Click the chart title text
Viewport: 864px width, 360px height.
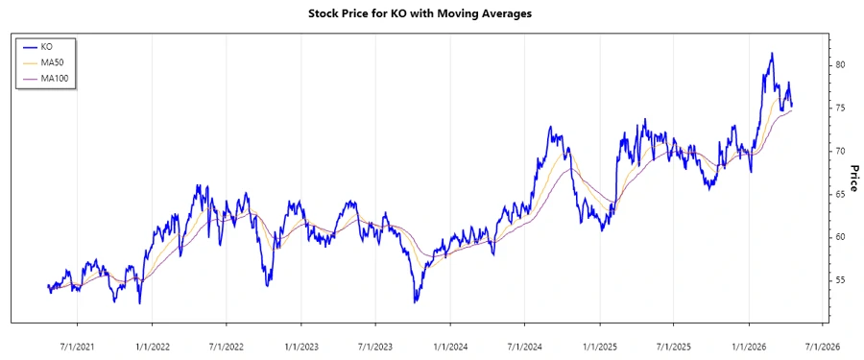tap(431, 13)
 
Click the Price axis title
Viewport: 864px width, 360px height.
tap(852, 178)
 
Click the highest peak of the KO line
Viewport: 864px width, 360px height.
tap(771, 54)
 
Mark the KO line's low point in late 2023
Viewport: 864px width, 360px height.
tap(416, 301)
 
